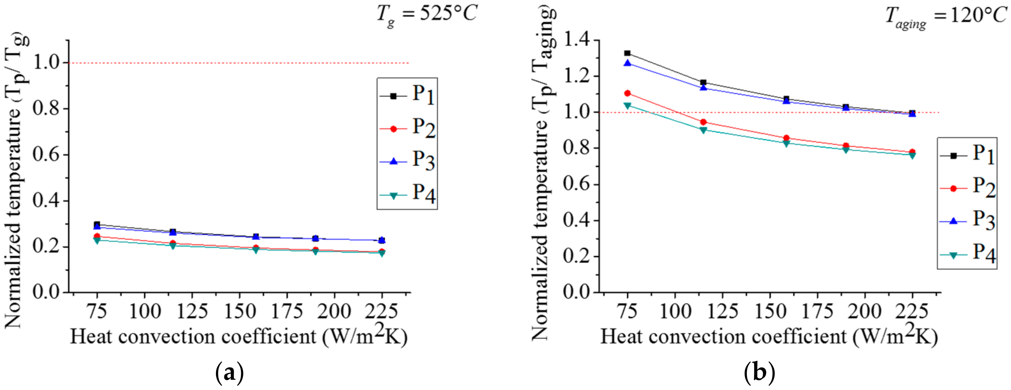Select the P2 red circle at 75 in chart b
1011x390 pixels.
pos(627,93)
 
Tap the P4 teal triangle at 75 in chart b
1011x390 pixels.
pos(627,105)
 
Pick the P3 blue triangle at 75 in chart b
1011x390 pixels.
pos(627,63)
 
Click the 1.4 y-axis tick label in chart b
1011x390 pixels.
pos(577,40)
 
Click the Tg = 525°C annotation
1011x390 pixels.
pos(427,15)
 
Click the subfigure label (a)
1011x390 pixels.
pos(230,373)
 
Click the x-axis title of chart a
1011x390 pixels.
pos(239,337)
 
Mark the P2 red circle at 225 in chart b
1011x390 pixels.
pos(912,152)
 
